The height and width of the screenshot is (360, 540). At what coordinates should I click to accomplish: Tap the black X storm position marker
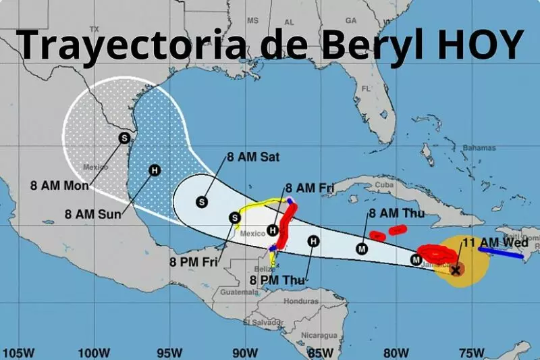[456, 270]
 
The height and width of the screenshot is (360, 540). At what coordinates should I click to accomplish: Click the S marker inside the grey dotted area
[124, 138]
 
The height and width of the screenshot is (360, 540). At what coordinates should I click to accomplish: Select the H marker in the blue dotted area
[155, 170]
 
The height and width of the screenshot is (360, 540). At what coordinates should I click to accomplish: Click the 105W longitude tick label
[18, 352]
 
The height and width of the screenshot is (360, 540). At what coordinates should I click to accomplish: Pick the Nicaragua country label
[319, 335]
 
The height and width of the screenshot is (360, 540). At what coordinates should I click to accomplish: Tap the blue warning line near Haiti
[500, 252]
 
